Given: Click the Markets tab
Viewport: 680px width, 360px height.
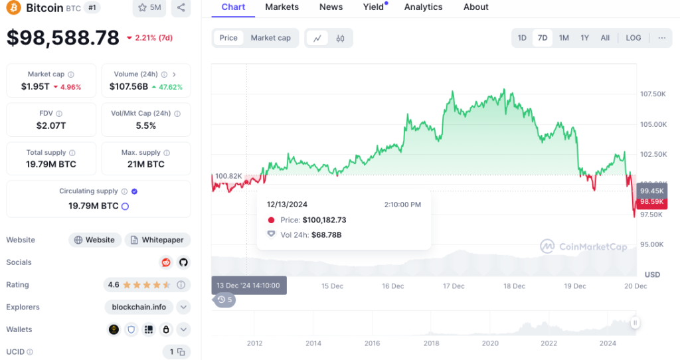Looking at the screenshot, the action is [x=282, y=7].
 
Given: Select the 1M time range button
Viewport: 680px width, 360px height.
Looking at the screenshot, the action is [x=564, y=38].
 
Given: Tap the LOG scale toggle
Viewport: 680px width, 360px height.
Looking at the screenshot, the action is [x=633, y=38].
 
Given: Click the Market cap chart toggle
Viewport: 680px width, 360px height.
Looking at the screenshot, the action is [x=271, y=38].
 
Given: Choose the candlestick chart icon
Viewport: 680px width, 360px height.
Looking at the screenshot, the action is [x=341, y=38].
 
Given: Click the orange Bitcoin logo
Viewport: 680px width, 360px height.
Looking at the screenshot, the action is [x=13, y=7].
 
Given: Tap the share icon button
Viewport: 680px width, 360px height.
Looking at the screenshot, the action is [x=181, y=7].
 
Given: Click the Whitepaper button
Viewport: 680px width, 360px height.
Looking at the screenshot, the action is [x=158, y=240].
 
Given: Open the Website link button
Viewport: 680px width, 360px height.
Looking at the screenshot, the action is [x=94, y=240].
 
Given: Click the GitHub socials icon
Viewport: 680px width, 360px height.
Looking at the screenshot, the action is [x=183, y=262].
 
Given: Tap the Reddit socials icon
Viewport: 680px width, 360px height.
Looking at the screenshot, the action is [x=165, y=262].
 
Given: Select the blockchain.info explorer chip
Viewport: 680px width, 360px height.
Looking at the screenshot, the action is [x=139, y=307].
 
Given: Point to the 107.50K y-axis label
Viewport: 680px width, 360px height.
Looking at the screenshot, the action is [x=653, y=94].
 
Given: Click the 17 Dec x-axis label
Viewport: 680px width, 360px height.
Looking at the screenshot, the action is [x=454, y=286].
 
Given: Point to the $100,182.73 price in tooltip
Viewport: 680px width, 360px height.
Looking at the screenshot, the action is [x=324, y=220].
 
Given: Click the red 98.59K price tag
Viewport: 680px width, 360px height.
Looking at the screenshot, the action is [x=652, y=202].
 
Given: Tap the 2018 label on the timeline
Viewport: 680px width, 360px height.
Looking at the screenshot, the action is [x=431, y=343].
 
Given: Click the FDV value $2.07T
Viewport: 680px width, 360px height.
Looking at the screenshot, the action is [x=51, y=126].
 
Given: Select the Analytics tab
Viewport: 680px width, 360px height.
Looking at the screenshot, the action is [x=423, y=7].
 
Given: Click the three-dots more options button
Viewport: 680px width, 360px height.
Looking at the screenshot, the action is [x=662, y=38].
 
